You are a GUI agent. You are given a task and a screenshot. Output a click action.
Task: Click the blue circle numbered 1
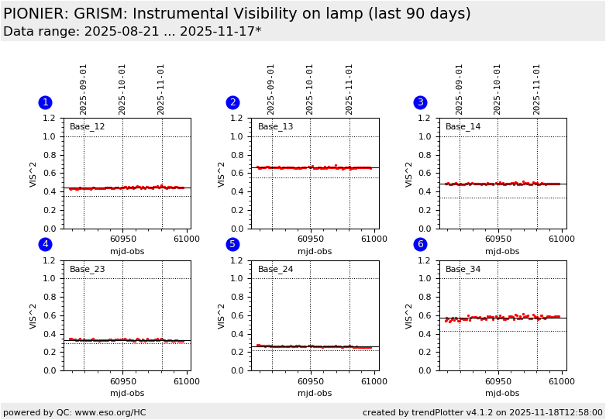tap(45, 102)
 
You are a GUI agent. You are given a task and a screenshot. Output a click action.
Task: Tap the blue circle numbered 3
tap(420, 102)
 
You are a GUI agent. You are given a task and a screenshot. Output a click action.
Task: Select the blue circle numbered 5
tap(232, 244)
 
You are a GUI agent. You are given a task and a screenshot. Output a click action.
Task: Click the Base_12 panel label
tap(87, 126)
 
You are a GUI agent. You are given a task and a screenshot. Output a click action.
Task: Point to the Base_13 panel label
tap(275, 126)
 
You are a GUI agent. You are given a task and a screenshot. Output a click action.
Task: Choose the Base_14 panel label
tap(463, 126)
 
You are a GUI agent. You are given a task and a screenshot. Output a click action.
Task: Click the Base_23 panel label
tap(87, 269)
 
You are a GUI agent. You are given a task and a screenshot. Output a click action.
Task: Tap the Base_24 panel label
tap(275, 269)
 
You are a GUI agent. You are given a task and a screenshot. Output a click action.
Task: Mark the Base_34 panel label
tap(463, 269)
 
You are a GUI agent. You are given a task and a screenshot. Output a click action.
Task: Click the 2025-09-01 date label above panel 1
tap(84, 89)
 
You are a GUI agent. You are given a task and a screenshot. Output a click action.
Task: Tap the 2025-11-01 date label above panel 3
tap(537, 89)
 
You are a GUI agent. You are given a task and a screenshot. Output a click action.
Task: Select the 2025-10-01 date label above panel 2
tap(310, 89)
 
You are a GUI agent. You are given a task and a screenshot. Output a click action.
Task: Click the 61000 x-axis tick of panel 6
tap(562, 381)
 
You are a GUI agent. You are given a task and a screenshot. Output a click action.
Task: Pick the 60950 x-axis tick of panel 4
tap(122, 381)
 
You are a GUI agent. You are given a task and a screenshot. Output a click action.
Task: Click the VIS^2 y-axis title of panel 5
tap(222, 315)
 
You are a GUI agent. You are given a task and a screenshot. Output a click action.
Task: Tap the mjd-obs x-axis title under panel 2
tap(315, 251)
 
